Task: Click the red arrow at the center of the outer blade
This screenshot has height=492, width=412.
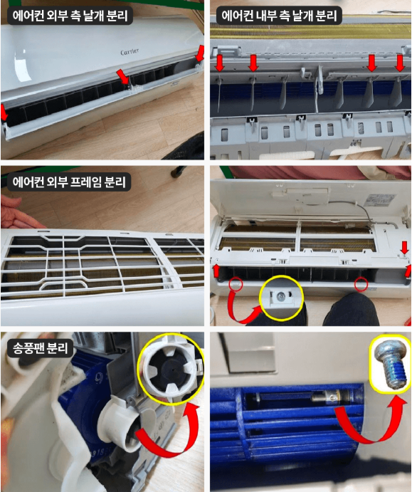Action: [123, 76]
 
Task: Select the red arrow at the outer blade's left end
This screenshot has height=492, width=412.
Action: [5, 111]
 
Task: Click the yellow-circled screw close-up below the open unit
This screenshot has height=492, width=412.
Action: [282, 295]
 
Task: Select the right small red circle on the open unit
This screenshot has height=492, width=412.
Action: [361, 284]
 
